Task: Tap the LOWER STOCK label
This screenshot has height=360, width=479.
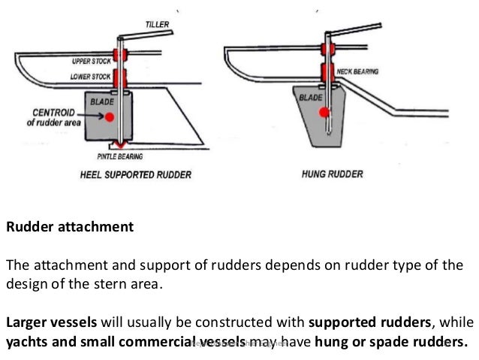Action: tap(91, 76)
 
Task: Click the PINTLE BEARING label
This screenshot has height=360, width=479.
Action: tap(120, 157)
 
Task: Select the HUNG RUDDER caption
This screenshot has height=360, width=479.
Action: tap(333, 174)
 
